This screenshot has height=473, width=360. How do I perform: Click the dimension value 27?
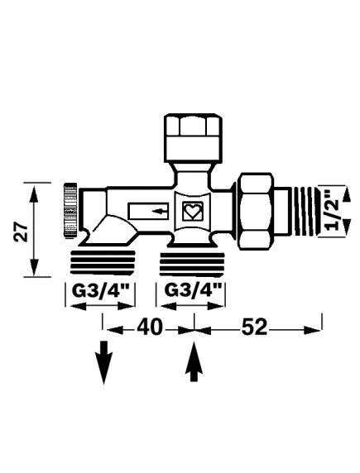point(25,232)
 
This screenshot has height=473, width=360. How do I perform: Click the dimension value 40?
point(149,327)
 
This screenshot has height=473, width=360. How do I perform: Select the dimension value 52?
point(253,327)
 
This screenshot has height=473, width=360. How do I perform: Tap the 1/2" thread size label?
point(332,209)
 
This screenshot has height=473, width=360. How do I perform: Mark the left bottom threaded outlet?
point(103,260)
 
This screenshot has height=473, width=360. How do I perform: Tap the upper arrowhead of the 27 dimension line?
point(34,189)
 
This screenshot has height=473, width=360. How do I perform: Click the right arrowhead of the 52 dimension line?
point(317,328)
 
